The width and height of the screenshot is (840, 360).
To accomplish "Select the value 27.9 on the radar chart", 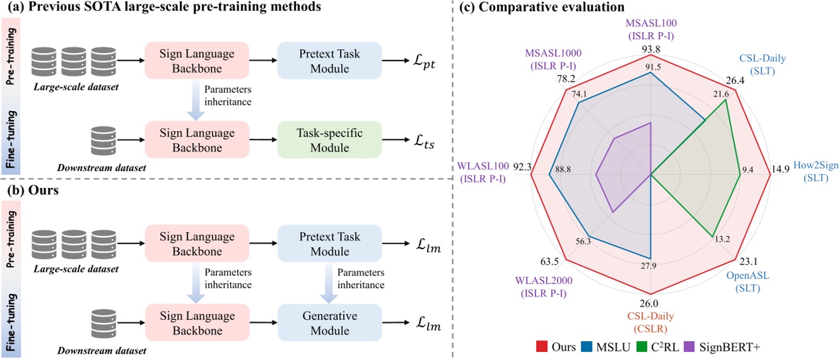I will (x=648, y=266).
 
